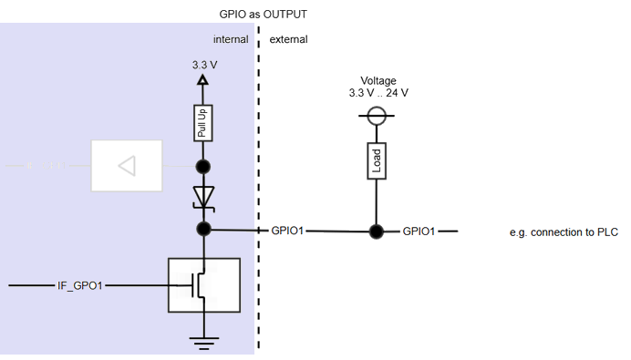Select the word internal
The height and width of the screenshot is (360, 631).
pyautogui.click(x=231, y=40)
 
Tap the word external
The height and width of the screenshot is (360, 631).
pyautogui.click(x=289, y=40)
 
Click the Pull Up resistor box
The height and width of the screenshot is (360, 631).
pyautogui.click(x=203, y=122)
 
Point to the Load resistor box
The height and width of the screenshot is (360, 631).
pyautogui.click(x=375, y=161)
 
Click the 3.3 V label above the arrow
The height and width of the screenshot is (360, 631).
pyautogui.click(x=203, y=65)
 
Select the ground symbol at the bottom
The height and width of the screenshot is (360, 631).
pyautogui.click(x=203, y=342)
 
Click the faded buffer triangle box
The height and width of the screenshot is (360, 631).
pyautogui.click(x=126, y=166)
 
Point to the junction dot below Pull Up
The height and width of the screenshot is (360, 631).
pyautogui.click(x=203, y=167)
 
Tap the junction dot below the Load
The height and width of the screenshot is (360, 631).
pyautogui.click(x=375, y=231)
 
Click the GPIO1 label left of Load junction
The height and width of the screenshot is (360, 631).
pyautogui.click(x=288, y=231)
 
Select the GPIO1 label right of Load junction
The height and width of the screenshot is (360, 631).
pyautogui.click(x=419, y=231)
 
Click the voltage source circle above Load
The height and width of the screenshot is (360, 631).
pyautogui.click(x=375, y=115)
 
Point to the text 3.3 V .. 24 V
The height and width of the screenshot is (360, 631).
pyautogui.click(x=378, y=93)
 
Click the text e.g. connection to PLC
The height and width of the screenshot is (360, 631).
pyautogui.click(x=564, y=232)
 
